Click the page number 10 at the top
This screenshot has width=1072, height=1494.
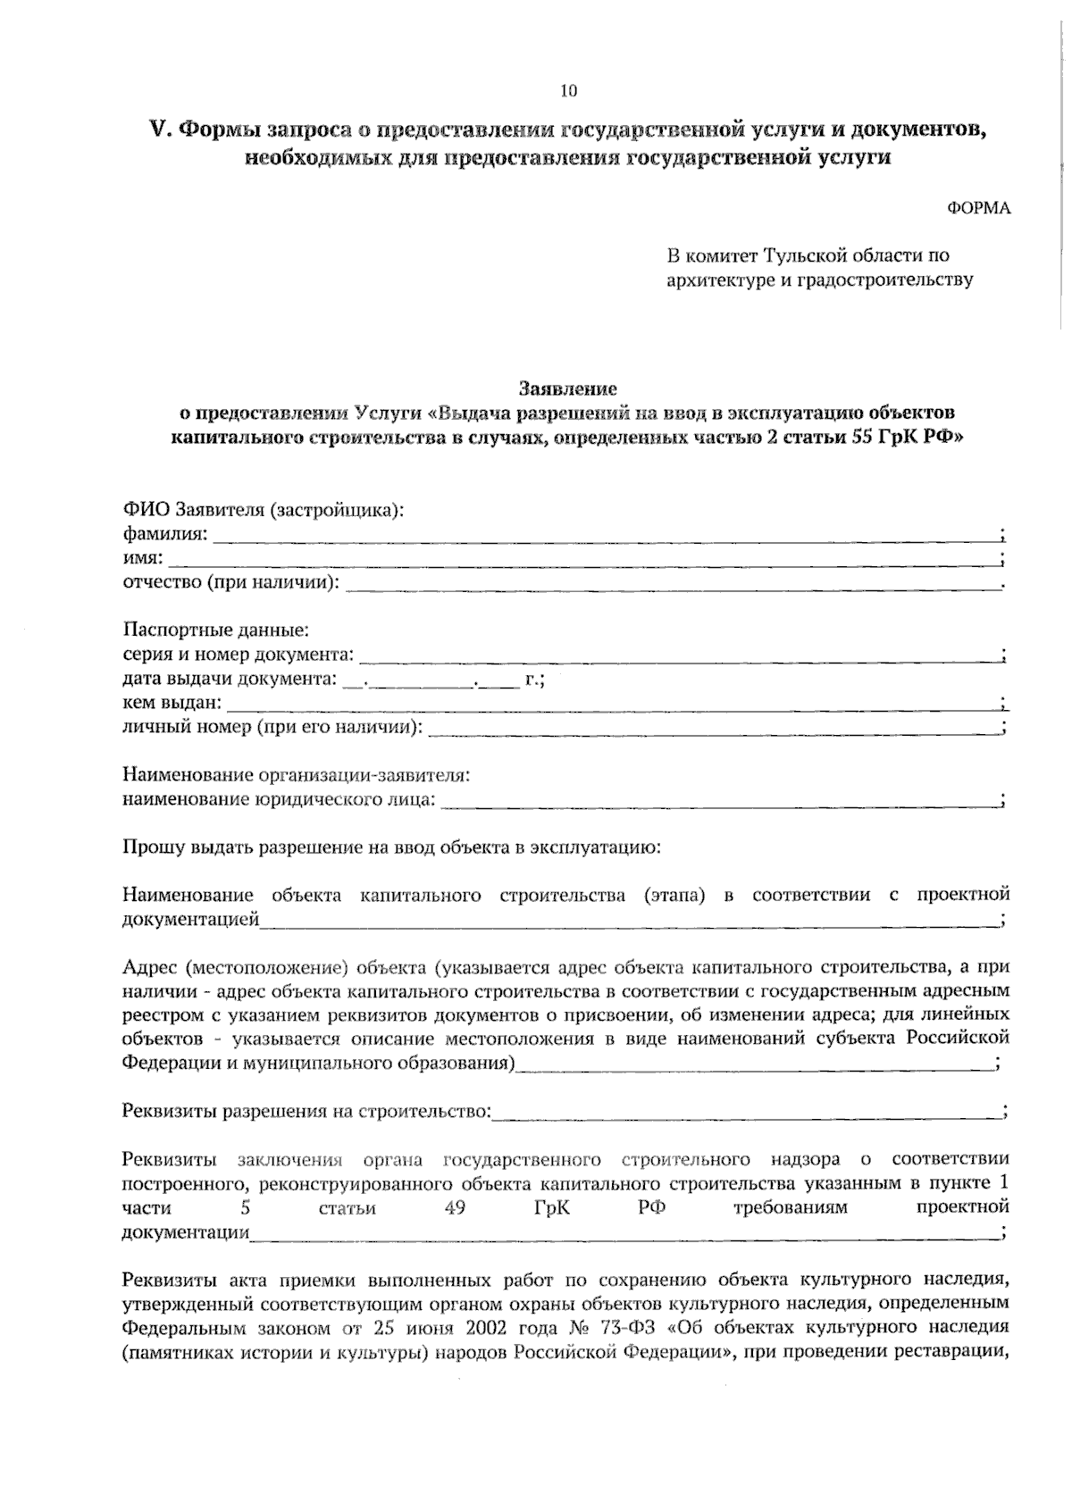(569, 90)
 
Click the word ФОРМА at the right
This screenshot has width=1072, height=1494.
(978, 208)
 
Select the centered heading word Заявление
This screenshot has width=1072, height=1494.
(568, 389)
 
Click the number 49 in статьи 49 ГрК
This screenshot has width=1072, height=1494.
(454, 1208)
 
